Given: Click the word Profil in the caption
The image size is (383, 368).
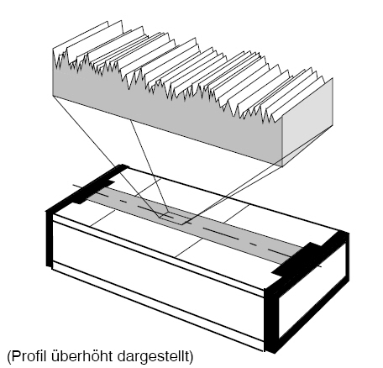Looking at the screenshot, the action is (29, 356).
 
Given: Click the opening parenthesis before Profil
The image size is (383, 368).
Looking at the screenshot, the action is (9, 356).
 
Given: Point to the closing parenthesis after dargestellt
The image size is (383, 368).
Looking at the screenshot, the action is (191, 356).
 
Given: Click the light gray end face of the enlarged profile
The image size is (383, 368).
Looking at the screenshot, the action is (307, 124).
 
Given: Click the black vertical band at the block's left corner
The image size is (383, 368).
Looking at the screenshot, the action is (50, 238).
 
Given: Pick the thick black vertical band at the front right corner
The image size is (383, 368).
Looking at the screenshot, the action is (270, 319).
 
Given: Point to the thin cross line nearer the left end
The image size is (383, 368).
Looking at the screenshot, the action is (125, 202).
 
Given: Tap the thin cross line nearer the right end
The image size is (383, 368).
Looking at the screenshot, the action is (212, 231).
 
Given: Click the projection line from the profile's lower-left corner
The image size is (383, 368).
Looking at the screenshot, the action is (107, 157).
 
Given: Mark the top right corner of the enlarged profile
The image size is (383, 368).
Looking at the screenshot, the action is (333, 78).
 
